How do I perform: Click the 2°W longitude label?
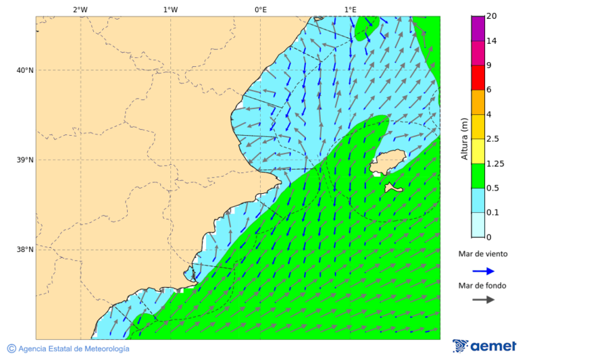click(80, 9)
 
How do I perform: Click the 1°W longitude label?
click(170, 9)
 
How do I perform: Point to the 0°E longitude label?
click(260, 9)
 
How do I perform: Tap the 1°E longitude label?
click(350, 9)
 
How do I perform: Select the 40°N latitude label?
click(25, 70)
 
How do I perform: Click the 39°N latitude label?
click(25, 160)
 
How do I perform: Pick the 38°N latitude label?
click(25, 249)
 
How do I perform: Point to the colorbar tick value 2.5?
click(492, 139)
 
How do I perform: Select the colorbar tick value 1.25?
click(495, 163)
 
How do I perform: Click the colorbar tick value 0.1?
click(492, 213)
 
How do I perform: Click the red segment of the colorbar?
click(478, 78)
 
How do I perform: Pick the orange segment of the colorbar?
click(478, 102)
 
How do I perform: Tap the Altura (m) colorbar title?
click(464, 138)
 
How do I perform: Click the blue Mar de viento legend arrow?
click(483, 271)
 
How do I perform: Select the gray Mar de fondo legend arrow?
click(483, 300)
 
